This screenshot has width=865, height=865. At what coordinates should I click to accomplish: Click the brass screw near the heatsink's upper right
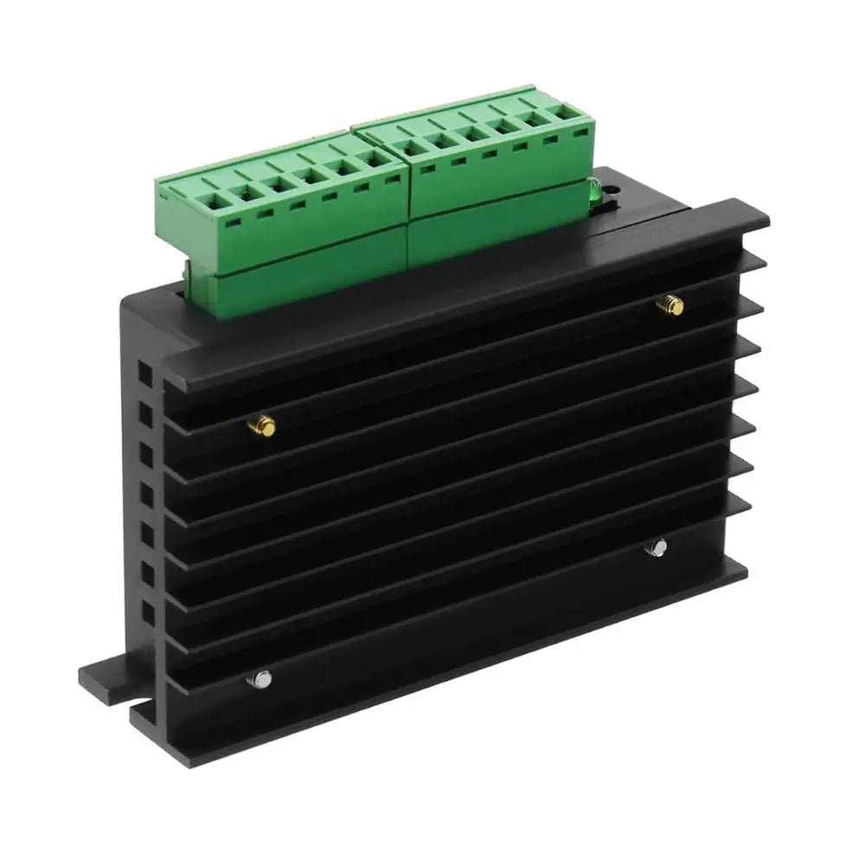(669, 304)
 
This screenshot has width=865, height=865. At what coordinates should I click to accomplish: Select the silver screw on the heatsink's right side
(657, 547)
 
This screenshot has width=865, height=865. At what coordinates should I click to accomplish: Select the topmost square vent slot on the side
(144, 375)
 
